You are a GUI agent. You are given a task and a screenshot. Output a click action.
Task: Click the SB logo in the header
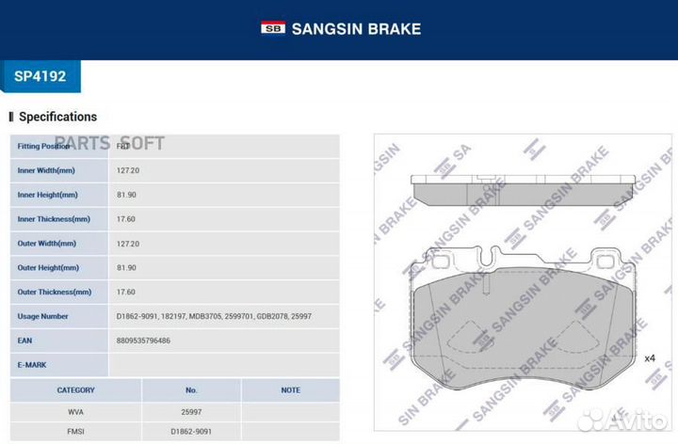pyautogui.click(x=272, y=28)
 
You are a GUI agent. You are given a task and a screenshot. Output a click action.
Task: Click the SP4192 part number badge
pyautogui.click(x=40, y=76)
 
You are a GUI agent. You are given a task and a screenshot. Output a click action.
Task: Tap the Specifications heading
pyautogui.click(x=57, y=117)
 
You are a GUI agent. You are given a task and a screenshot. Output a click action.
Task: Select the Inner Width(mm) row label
pyautogui.click(x=46, y=171)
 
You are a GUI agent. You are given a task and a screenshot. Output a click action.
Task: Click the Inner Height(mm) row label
pyautogui.click(x=47, y=195)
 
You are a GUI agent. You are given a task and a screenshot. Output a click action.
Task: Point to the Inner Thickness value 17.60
pyautogui.click(x=127, y=219)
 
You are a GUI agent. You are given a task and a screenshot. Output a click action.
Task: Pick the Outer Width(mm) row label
pyautogui.click(x=46, y=244)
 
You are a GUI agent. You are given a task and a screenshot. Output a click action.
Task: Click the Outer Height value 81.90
pyautogui.click(x=127, y=268)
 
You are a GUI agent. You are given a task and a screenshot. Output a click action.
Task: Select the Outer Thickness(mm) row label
pyautogui.click(x=55, y=293)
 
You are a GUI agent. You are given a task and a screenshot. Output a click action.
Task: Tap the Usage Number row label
pyautogui.click(x=43, y=317)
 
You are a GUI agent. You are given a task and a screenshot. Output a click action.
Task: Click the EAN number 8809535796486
pyautogui.click(x=145, y=341)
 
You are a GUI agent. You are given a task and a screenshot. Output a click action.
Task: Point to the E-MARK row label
pyautogui.click(x=32, y=365)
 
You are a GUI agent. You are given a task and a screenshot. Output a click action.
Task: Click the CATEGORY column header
pyautogui.click(x=75, y=389)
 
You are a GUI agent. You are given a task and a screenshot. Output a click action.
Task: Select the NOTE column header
pyautogui.click(x=290, y=389)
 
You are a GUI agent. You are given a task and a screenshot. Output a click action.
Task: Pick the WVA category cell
pyautogui.click(x=75, y=412)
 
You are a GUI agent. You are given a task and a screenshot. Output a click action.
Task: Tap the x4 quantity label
pyautogui.click(x=650, y=358)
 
